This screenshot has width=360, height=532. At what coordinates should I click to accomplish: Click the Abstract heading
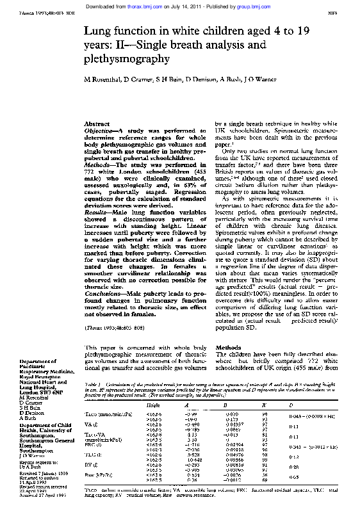pos(97,124)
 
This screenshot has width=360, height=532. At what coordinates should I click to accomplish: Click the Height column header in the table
pos(154,406)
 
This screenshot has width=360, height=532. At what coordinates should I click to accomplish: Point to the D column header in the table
pos(290,406)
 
